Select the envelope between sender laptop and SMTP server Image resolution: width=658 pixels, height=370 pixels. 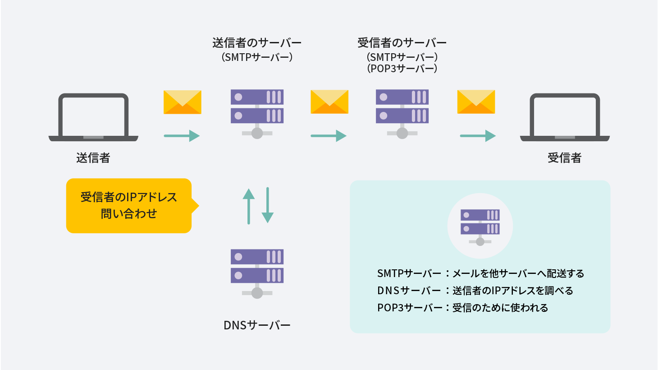[x=183, y=102]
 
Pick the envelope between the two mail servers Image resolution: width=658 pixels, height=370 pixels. [x=329, y=102]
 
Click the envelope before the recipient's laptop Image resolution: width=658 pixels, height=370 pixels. [x=476, y=102]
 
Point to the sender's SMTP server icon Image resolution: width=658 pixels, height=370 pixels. [x=257, y=113]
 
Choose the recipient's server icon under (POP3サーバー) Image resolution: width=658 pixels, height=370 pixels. [x=402, y=113]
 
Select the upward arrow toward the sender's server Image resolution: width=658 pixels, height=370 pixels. [x=249, y=206]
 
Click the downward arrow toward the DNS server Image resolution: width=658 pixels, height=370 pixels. [x=268, y=205]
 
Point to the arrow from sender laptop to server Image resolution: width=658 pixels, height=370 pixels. [x=182, y=136]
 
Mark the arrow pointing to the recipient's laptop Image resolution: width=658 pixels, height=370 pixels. [x=478, y=136]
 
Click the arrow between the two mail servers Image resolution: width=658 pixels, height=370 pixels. [x=329, y=136]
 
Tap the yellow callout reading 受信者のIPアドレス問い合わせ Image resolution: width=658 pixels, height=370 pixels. [x=129, y=206]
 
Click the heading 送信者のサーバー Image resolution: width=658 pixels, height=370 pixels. [x=257, y=43]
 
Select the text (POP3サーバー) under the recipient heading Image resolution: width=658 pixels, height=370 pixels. [x=402, y=69]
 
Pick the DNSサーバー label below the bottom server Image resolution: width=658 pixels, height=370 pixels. [x=257, y=325]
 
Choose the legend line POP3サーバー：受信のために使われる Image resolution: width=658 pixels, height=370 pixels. [x=462, y=308]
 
